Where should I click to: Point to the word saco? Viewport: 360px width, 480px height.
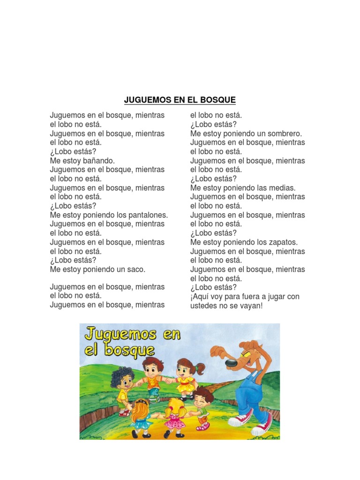pyautogui.click(x=135, y=270)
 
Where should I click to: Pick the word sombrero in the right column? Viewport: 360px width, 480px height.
pyautogui.click(x=283, y=134)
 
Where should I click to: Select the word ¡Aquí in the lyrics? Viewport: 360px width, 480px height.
pyautogui.click(x=200, y=297)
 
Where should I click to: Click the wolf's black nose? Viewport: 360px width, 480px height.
pyautogui.click(x=231, y=363)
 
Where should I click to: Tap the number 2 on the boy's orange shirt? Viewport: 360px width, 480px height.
pyautogui.click(x=152, y=381)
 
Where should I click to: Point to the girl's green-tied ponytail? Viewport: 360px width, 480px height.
pyautogui.click(x=201, y=368)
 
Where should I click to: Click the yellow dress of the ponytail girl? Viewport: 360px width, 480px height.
pyautogui.click(x=186, y=386)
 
